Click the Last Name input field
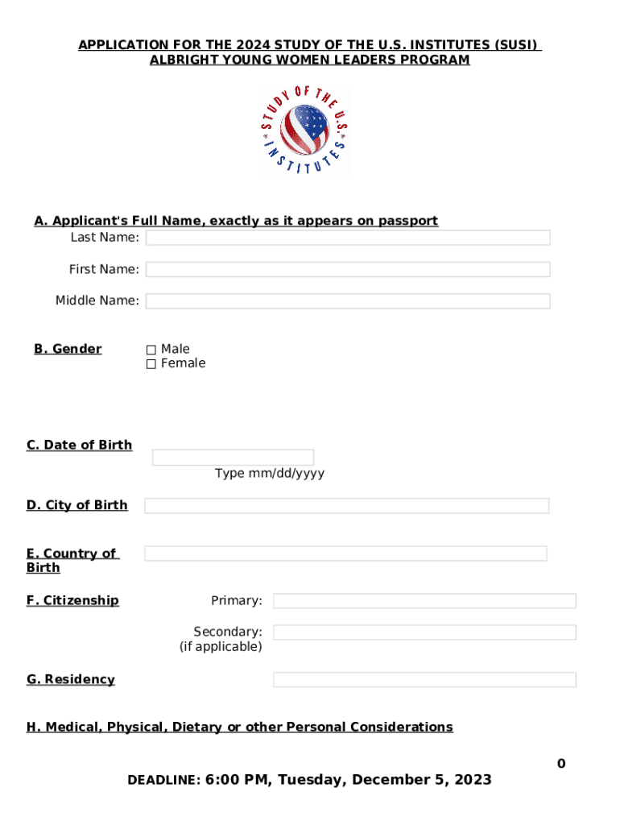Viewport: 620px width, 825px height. tap(348, 238)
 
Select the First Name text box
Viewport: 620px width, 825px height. tap(348, 269)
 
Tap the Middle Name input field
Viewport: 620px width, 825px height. tap(348, 301)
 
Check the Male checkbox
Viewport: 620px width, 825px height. tap(151, 350)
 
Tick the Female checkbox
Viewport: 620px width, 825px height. tap(151, 364)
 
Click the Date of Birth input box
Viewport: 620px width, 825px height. tap(233, 458)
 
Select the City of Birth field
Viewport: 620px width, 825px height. tap(346, 506)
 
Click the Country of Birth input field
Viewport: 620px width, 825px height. tap(345, 553)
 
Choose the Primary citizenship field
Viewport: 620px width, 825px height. tap(424, 601)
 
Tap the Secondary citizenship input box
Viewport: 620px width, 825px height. tap(424, 632)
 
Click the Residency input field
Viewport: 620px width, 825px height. tap(424, 680)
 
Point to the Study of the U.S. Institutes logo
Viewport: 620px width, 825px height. tap(304, 131)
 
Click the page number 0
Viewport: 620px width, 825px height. tap(561, 764)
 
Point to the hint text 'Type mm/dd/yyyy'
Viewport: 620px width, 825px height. tap(270, 474)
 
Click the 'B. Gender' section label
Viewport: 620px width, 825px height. tap(68, 349)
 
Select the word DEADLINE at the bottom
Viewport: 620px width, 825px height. tap(163, 781)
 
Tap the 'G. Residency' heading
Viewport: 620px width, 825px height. tap(71, 680)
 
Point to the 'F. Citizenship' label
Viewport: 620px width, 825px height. tap(72, 601)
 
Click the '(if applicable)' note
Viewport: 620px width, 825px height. tap(221, 647)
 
